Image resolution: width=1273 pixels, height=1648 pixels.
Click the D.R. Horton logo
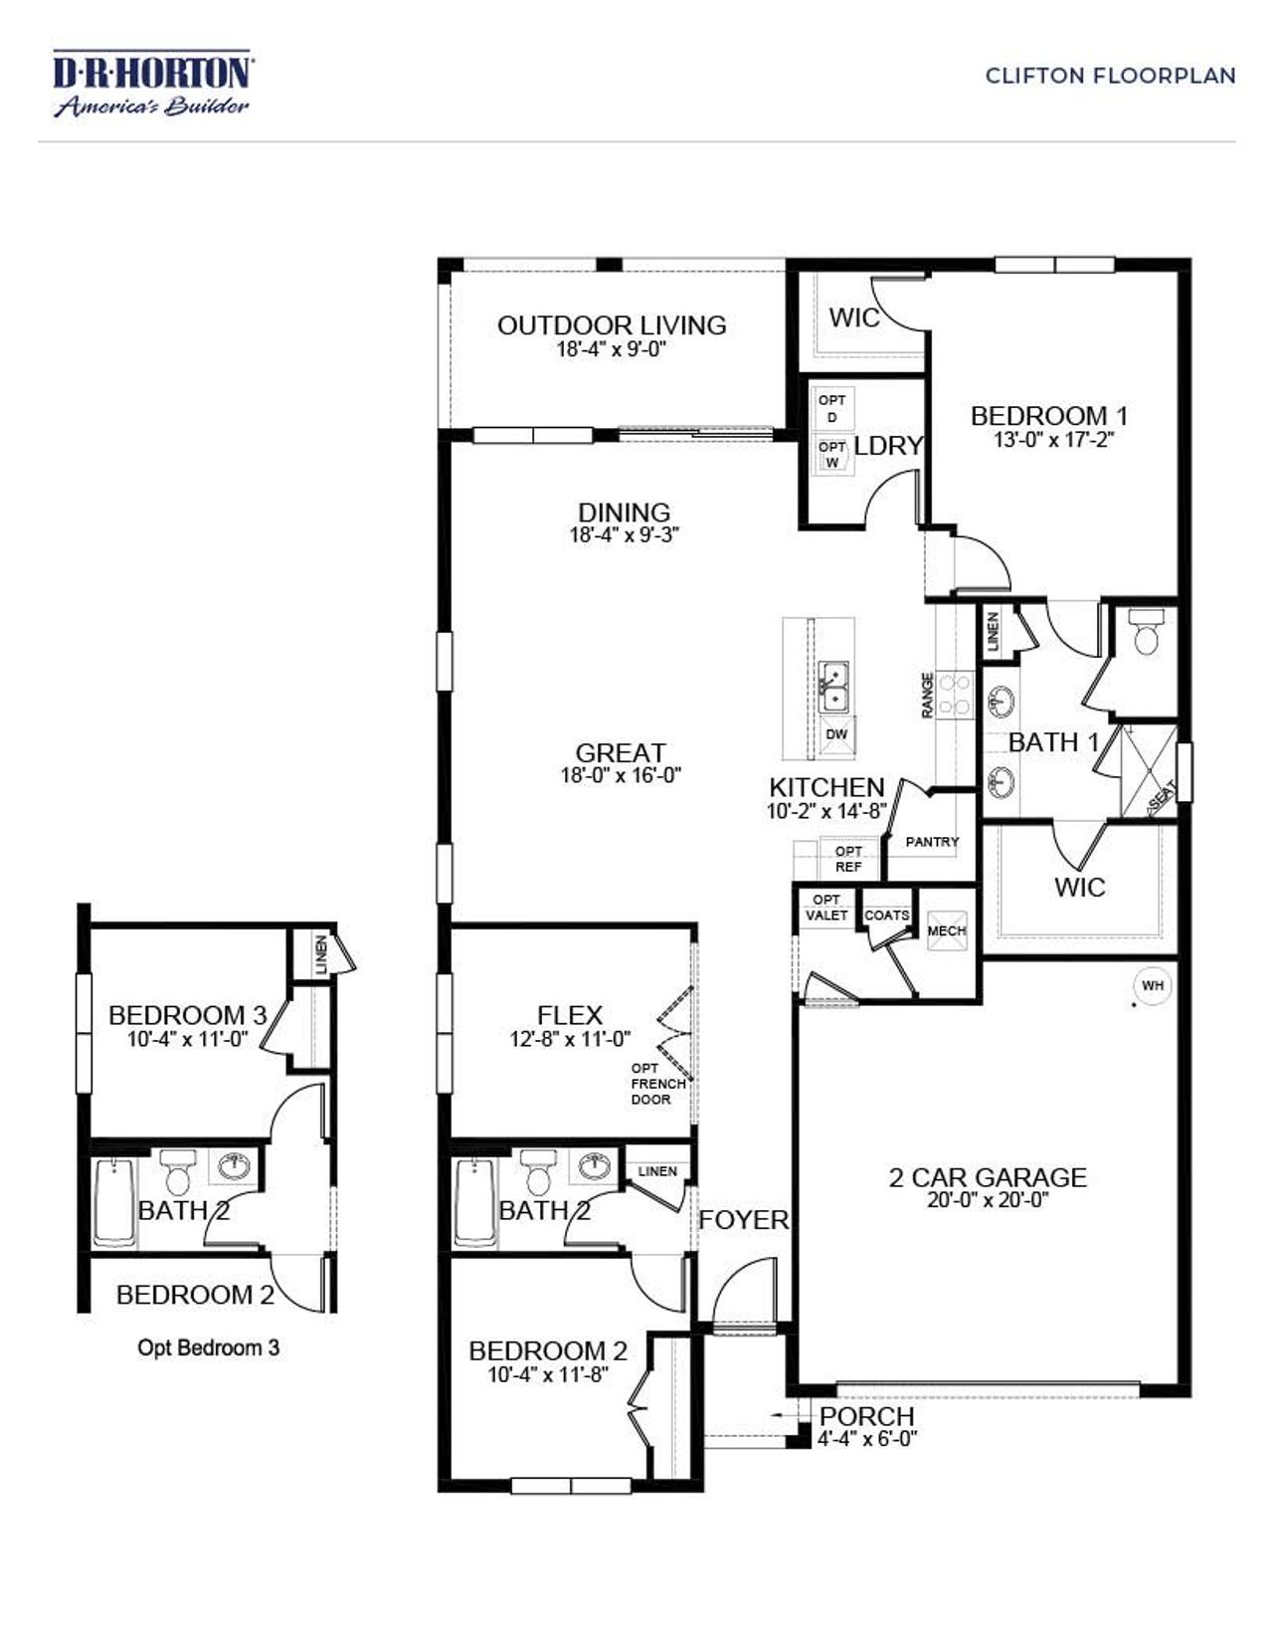(x=152, y=86)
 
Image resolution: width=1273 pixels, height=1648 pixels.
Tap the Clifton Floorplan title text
(x=1110, y=76)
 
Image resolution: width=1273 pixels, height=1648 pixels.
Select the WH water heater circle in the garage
(x=1152, y=985)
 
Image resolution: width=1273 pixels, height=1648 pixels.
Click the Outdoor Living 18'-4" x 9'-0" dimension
(x=611, y=349)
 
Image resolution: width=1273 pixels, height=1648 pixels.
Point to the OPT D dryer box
(x=832, y=408)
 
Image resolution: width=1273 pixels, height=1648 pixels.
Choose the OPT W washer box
(x=832, y=455)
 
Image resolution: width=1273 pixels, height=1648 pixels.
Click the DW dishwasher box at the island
(x=837, y=734)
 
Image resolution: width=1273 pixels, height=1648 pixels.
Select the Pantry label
(x=932, y=842)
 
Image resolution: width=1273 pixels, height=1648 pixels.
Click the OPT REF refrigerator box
(x=848, y=859)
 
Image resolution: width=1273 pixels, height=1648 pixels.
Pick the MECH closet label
(x=946, y=931)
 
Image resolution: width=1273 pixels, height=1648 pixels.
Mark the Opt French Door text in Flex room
(x=657, y=1084)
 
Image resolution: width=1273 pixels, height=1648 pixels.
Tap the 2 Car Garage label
(x=988, y=1177)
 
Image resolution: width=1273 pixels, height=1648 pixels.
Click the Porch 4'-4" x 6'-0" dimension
(x=867, y=1439)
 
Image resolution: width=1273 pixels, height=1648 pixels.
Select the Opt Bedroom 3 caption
(x=208, y=1348)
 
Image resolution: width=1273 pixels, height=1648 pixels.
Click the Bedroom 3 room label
(x=188, y=1015)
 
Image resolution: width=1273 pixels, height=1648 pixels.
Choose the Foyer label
(x=743, y=1220)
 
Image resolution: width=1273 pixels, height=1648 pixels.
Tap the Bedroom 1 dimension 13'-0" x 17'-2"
(x=1054, y=439)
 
